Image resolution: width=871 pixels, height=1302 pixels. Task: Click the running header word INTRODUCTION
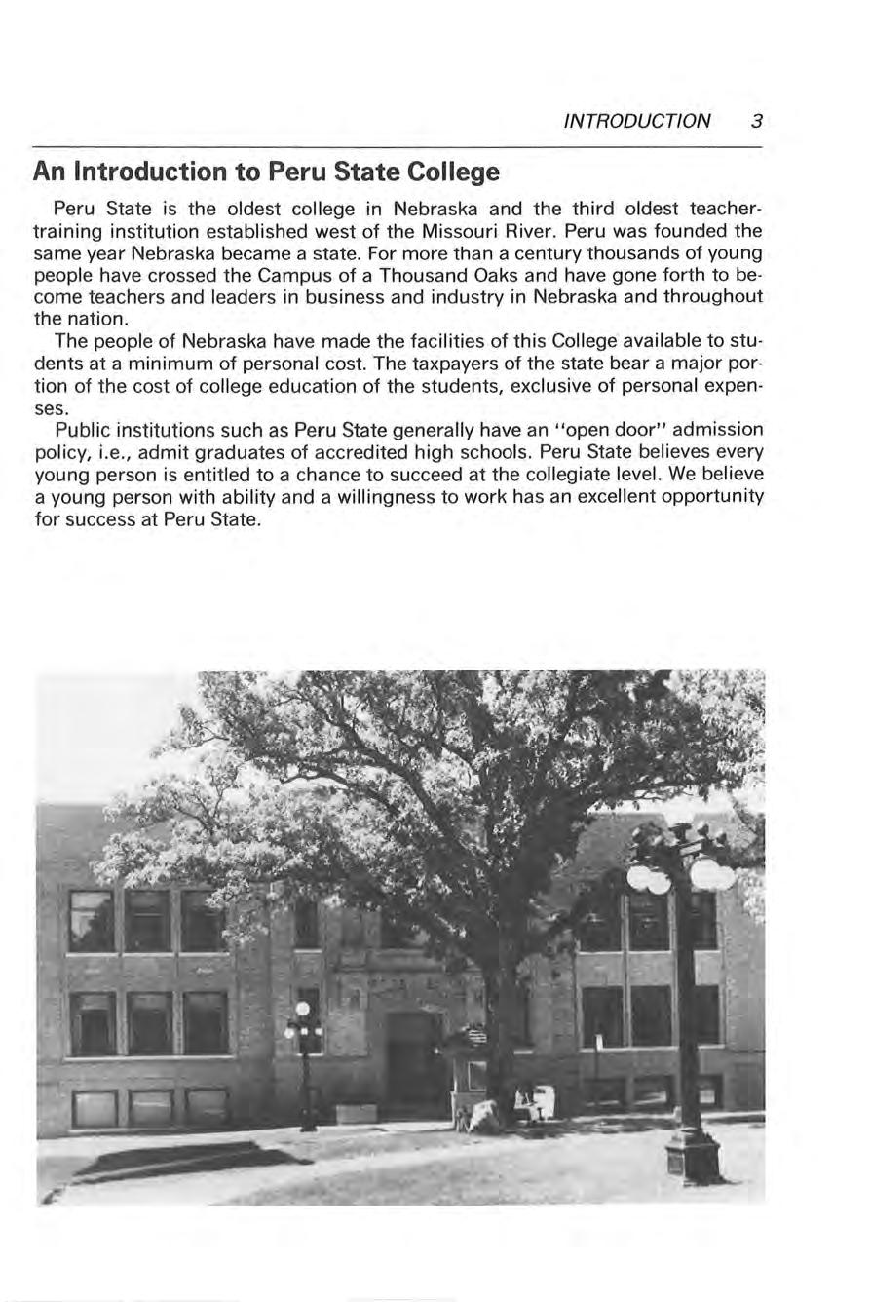[637, 122]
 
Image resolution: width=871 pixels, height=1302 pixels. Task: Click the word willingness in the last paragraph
[367, 497]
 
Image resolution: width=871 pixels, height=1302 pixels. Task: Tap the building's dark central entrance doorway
[411, 1062]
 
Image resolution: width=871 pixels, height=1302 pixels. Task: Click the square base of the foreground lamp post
[694, 1157]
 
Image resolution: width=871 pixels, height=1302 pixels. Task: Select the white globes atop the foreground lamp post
[681, 875]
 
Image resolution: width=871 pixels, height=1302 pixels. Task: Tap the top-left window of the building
[92, 921]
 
